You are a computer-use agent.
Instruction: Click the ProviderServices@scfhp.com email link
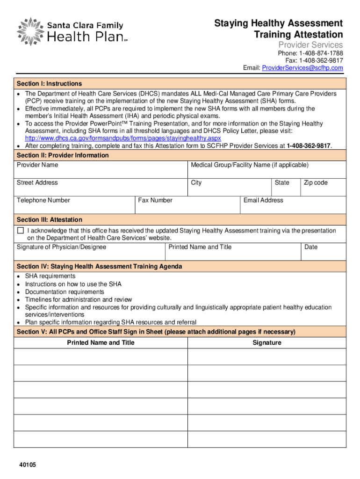[302, 68]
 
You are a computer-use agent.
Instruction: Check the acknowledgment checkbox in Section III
[20, 231]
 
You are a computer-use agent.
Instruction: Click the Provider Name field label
[37, 165]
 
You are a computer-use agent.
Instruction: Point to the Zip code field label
[316, 182]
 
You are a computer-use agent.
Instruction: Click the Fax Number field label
[155, 200]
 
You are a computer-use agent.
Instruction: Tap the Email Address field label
[263, 200]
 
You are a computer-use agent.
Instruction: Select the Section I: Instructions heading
[49, 84]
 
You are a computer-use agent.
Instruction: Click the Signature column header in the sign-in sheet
[266, 343]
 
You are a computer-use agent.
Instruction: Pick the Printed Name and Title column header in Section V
[101, 343]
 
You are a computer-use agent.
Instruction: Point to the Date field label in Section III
[311, 247]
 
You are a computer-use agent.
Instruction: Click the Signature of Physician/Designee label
[61, 247]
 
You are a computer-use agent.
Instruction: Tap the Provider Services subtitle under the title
[310, 45]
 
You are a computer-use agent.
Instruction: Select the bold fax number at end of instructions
[308, 146]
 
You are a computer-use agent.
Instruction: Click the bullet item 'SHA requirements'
[50, 276]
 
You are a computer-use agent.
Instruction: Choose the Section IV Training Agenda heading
[99, 267]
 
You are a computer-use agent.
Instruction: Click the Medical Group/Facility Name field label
[250, 165]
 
